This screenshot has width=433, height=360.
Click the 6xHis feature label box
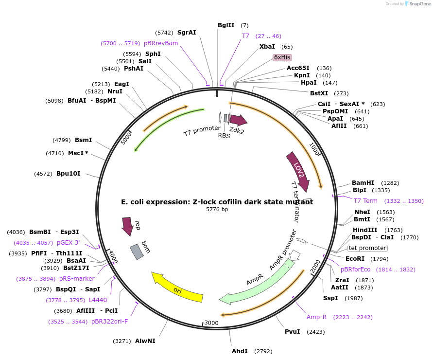click(x=282, y=57)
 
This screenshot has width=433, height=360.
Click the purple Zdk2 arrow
click(x=238, y=120)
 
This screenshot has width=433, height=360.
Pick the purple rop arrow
click(x=128, y=226)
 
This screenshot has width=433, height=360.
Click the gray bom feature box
click(x=137, y=252)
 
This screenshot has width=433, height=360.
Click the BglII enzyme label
click(x=226, y=25)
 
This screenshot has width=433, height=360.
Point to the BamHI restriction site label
click(x=363, y=183)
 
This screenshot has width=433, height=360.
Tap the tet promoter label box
click(x=367, y=248)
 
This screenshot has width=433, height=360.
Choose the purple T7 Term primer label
click(x=365, y=201)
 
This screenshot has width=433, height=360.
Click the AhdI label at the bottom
click(x=240, y=351)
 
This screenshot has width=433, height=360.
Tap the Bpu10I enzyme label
click(x=68, y=173)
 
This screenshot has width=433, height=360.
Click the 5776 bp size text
click(x=217, y=209)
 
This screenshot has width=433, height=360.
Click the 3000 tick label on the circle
click(x=211, y=323)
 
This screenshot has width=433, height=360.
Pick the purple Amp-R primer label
click(x=316, y=317)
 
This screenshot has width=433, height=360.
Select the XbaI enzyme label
click(x=267, y=47)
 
